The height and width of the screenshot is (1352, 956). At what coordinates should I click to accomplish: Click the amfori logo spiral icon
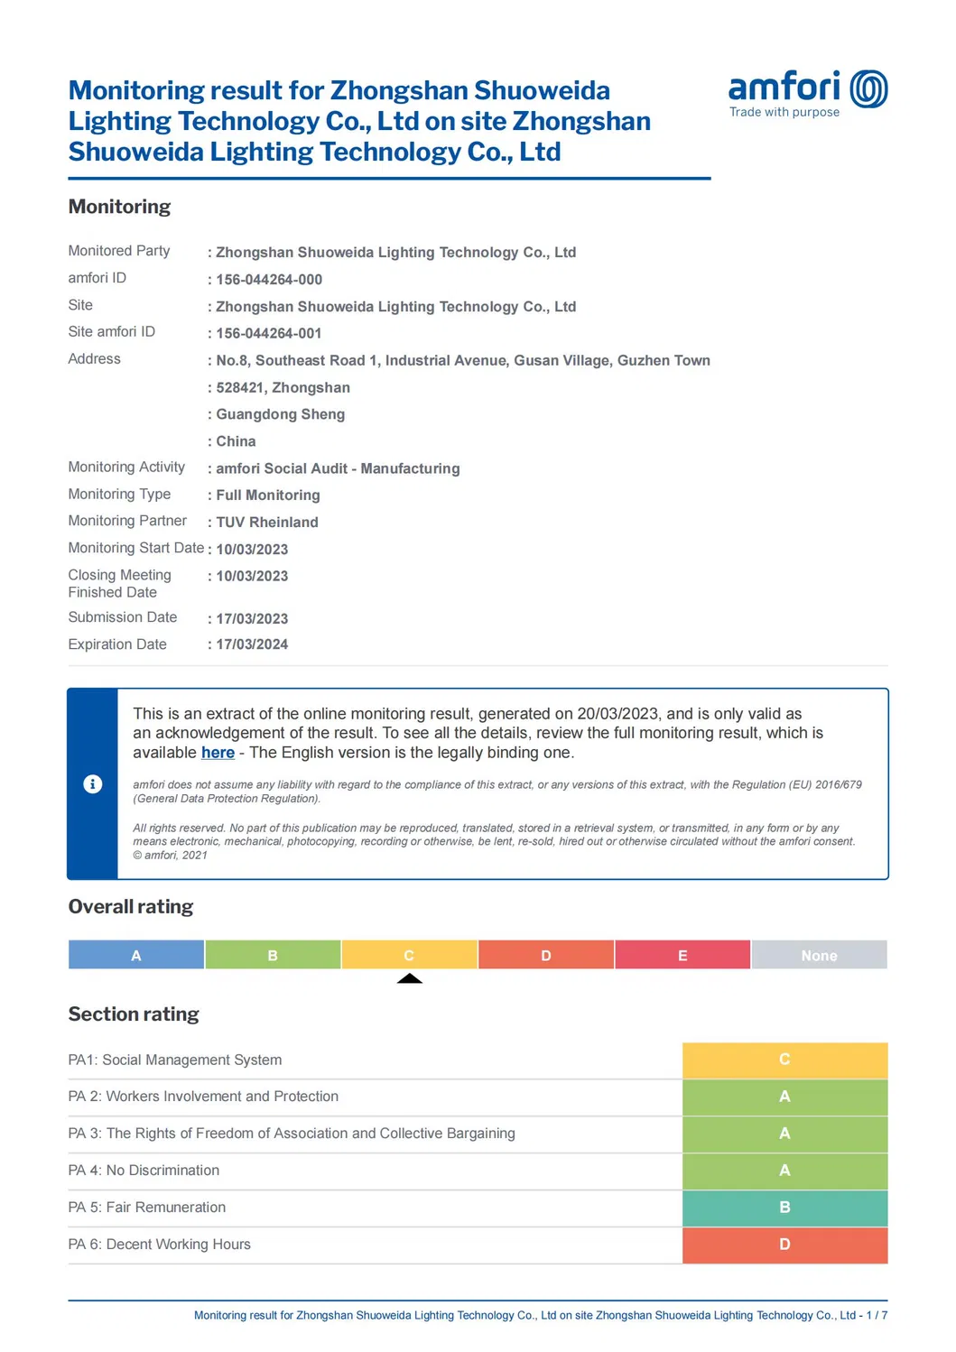click(x=868, y=88)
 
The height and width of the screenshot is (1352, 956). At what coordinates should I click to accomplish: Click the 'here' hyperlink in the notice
click(x=218, y=753)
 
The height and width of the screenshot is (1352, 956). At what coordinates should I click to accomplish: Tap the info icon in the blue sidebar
click(x=92, y=783)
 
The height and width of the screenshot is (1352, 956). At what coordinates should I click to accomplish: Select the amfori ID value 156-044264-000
click(x=268, y=280)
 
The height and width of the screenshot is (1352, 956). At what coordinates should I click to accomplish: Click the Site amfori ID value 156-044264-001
click(x=268, y=333)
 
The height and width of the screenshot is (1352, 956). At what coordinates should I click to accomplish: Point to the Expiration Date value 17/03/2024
click(x=252, y=644)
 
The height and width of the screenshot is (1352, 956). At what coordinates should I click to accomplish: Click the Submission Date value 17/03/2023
click(x=252, y=618)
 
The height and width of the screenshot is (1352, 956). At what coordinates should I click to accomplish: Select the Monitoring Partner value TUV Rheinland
click(x=266, y=522)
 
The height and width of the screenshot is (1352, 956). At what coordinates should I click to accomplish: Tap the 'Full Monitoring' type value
click(x=267, y=495)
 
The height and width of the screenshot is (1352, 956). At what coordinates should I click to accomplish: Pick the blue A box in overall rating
click(x=136, y=955)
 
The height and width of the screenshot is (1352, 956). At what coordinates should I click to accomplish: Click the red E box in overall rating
click(x=682, y=955)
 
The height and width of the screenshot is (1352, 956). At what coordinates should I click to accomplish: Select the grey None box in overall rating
click(x=819, y=955)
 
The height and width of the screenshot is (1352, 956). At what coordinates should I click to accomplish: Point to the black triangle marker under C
click(x=410, y=978)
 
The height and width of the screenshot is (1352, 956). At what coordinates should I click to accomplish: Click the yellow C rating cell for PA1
click(x=784, y=1060)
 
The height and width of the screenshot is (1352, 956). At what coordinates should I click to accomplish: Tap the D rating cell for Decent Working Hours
click(x=784, y=1245)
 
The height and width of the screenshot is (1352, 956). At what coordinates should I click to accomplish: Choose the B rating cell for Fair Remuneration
click(x=784, y=1208)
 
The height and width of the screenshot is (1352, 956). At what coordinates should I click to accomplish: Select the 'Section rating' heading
click(x=134, y=1014)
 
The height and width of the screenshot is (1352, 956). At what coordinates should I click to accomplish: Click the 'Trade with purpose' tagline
click(x=784, y=112)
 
